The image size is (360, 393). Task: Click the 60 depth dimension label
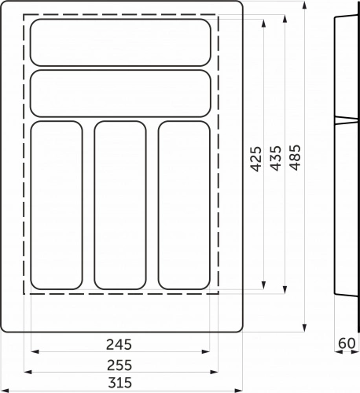347,343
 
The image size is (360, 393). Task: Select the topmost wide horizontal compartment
120,42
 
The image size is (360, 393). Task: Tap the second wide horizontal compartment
120,94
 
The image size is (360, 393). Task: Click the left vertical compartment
57,204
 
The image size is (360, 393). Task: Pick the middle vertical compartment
120,204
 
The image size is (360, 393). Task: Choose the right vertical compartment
184,204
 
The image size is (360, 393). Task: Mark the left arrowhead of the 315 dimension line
3,388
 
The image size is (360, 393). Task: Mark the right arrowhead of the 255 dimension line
217,371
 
